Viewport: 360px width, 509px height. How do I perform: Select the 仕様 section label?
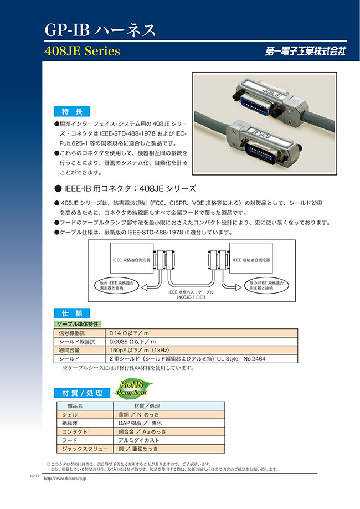70,312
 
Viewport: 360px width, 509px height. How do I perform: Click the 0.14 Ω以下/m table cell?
130,333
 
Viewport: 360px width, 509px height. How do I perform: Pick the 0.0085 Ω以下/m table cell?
132,342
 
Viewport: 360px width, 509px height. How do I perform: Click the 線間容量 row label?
70,351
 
